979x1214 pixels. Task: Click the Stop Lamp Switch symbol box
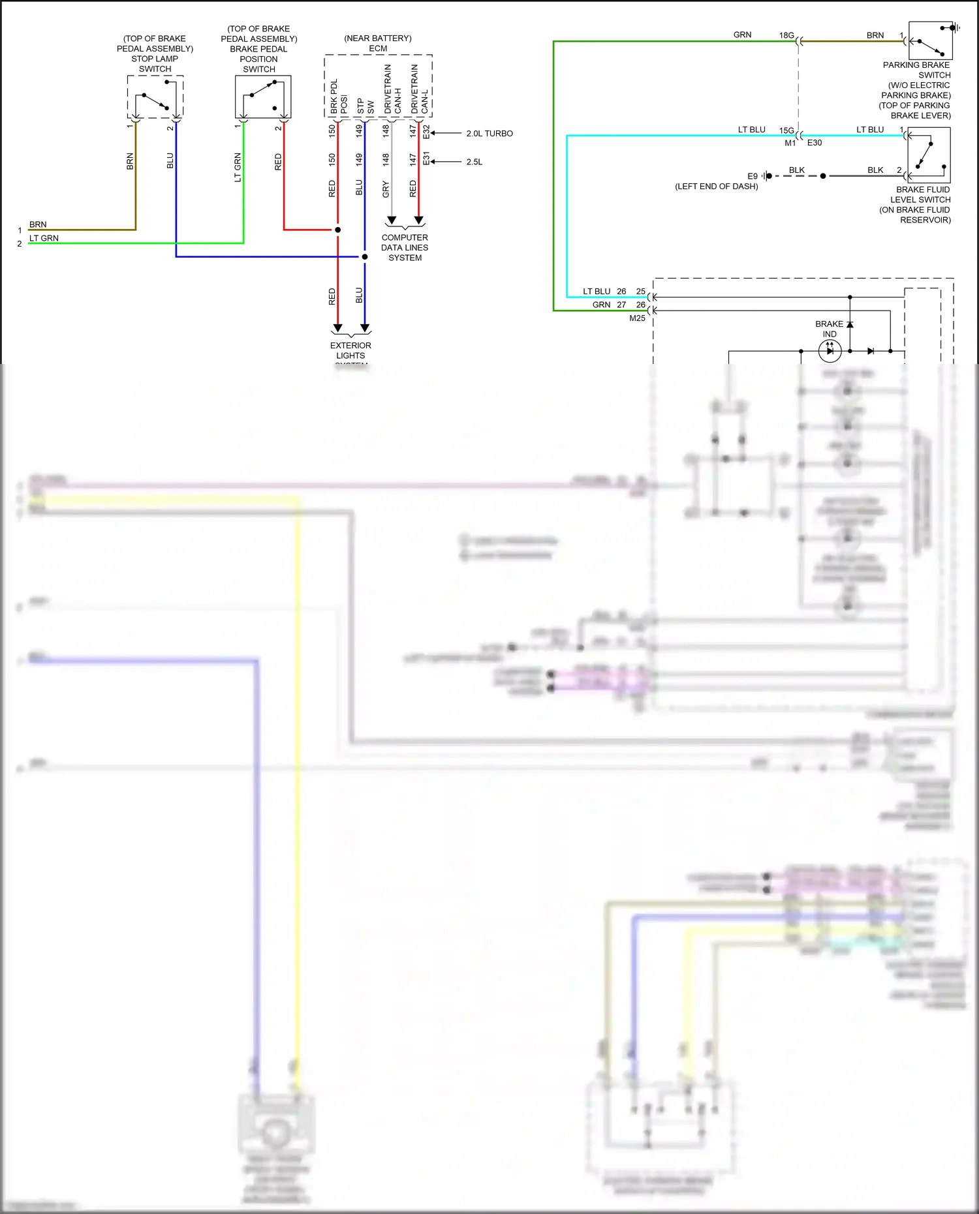point(155,97)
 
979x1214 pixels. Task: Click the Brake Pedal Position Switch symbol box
point(262,97)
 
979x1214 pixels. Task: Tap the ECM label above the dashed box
point(378,48)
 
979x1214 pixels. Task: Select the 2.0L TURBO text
point(489,133)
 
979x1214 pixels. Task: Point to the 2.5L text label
point(474,162)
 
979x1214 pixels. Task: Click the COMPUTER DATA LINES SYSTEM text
point(405,247)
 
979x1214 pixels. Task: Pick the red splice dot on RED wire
point(337,230)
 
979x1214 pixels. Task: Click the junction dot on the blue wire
point(365,256)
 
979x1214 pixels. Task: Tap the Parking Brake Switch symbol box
point(930,40)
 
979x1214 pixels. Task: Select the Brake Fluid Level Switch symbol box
point(929,155)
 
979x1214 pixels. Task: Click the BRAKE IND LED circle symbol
point(830,351)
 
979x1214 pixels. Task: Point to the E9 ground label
point(753,176)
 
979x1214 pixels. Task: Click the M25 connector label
point(637,318)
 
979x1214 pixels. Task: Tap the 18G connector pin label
point(786,35)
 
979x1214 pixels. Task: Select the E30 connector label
point(815,143)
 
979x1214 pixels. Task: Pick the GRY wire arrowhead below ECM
point(392,220)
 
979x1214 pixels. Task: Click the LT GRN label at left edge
point(44,238)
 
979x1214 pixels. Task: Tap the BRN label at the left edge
point(38,224)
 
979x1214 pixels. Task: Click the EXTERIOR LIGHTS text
point(350,350)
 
